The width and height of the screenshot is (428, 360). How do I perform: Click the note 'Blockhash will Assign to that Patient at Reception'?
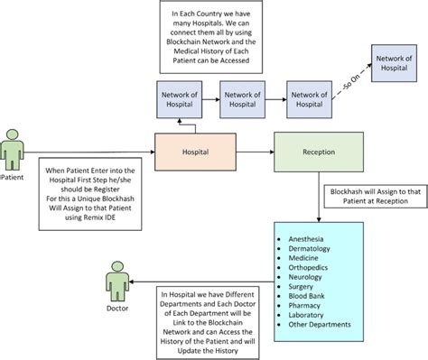coord(370,198)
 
